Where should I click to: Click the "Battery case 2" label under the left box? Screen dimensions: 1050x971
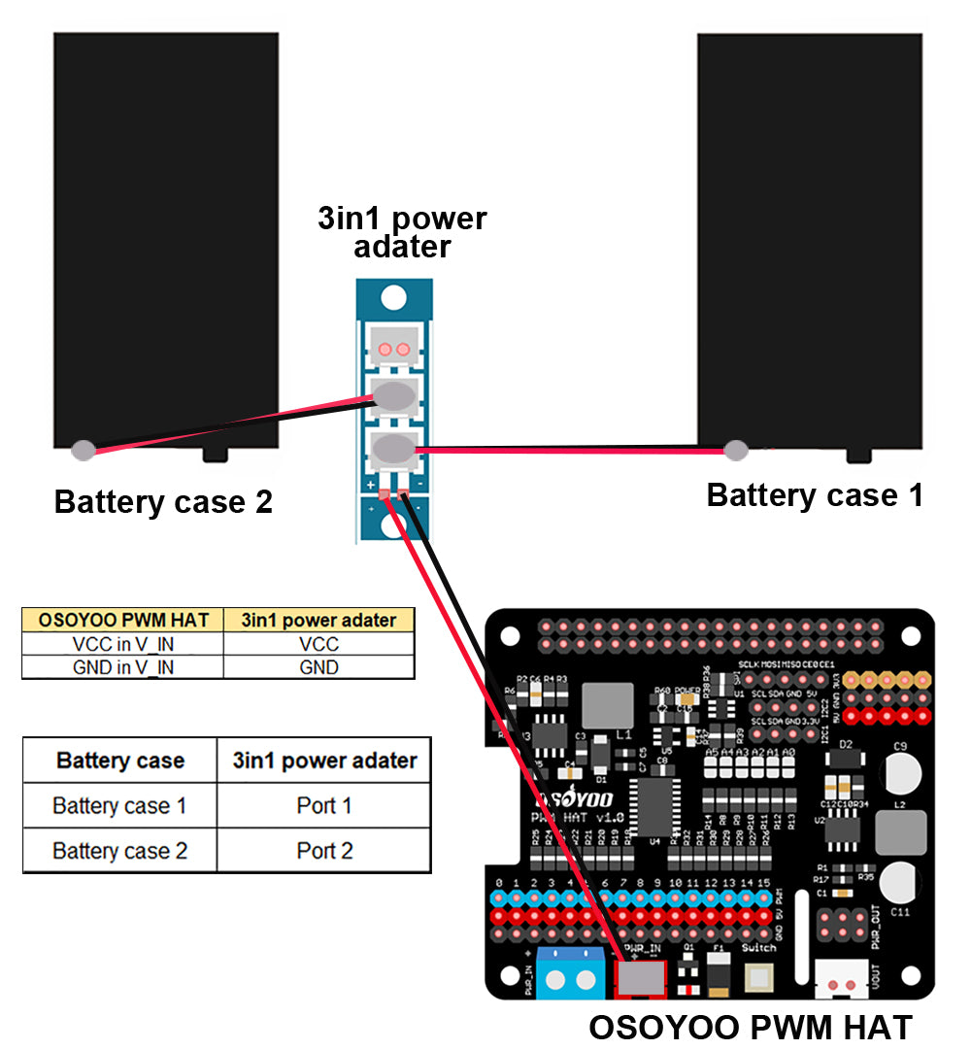(163, 502)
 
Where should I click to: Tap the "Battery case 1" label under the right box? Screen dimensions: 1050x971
(815, 495)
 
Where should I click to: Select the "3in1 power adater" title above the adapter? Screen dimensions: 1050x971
(402, 232)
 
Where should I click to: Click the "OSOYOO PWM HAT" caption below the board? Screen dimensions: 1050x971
(751, 1028)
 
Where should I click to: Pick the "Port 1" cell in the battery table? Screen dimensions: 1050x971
(323, 806)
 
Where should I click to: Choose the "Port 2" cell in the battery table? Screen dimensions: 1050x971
(323, 851)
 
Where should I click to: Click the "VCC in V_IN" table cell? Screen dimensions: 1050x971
(123, 644)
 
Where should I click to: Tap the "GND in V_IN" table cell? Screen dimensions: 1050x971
(123, 667)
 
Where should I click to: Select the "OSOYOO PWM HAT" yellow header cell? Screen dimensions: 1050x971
(123, 620)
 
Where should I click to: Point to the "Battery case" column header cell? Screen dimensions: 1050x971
(120, 761)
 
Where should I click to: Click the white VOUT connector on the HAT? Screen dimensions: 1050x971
(842, 980)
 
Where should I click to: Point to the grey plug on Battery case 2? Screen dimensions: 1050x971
(84, 450)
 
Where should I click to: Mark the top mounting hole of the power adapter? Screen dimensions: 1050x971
(393, 296)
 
